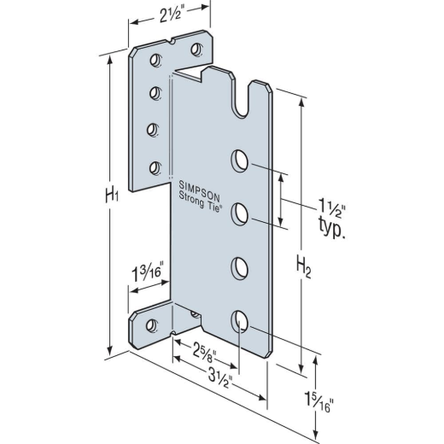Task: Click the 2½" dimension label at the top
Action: (170, 15)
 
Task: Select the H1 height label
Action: (112, 196)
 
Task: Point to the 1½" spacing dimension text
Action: (332, 207)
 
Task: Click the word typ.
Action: (332, 229)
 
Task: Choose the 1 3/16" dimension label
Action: (147, 272)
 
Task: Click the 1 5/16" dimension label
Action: (318, 402)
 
